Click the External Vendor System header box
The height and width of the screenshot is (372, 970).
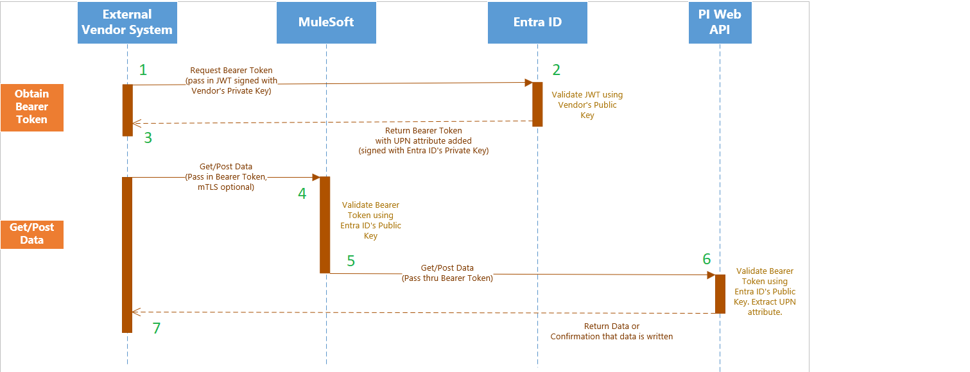pos(127,22)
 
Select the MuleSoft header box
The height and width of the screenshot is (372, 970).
pos(326,22)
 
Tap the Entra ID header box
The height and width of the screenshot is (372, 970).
pos(537,22)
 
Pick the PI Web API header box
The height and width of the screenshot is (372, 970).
pos(720,22)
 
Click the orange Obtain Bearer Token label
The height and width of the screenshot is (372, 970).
pos(32,107)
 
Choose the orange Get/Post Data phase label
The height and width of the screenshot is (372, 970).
pos(32,233)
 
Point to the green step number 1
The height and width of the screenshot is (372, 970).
pos(143,70)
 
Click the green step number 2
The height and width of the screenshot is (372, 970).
pos(557,70)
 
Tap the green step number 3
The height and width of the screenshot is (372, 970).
pos(148,137)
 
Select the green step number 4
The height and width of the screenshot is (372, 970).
pos(302,192)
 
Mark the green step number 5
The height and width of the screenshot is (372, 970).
pos(351,260)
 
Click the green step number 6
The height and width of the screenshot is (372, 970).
pos(707,259)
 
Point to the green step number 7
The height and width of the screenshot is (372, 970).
pos(156,328)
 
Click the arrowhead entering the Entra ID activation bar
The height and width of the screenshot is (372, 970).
pos(528,83)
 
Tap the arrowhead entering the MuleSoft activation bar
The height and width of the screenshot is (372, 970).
pos(316,177)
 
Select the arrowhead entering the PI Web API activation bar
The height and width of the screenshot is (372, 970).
pos(711,275)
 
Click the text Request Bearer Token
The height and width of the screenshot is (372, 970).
pos(231,71)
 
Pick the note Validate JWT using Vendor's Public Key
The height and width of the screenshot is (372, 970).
pos(587,105)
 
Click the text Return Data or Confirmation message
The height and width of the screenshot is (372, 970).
pos(611,331)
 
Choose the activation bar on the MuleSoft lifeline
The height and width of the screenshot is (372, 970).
pos(325,224)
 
